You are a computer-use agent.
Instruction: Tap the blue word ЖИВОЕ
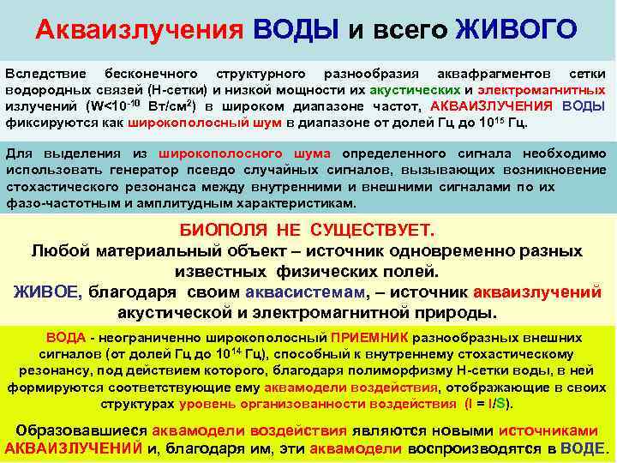pos(48,292)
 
